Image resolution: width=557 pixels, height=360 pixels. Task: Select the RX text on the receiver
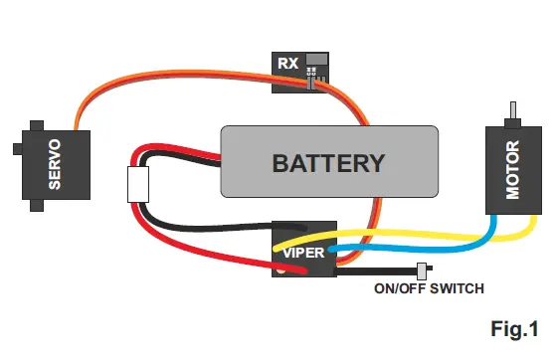click(x=287, y=64)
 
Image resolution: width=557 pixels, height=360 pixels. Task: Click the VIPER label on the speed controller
click(x=302, y=252)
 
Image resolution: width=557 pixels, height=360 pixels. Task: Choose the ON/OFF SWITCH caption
click(x=429, y=289)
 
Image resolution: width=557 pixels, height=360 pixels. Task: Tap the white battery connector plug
click(x=138, y=184)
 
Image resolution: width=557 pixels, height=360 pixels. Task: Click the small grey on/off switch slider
click(x=421, y=270)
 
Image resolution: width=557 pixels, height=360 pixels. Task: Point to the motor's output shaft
click(x=514, y=111)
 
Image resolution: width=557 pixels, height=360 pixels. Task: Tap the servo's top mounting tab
click(x=38, y=117)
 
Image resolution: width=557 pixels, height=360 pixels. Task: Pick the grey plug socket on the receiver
click(x=315, y=63)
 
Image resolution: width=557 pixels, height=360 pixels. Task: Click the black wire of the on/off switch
click(x=383, y=270)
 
